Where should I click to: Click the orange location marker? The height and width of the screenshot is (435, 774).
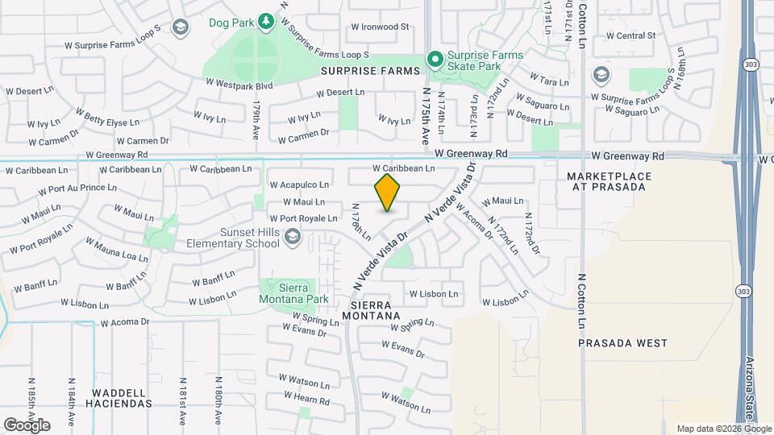click(388, 193)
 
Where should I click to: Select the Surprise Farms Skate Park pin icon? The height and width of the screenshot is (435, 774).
click(435, 58)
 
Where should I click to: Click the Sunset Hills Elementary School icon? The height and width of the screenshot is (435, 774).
click(293, 237)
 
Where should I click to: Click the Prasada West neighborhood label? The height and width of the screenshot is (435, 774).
click(623, 342)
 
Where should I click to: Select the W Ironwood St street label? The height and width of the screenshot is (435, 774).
click(381, 27)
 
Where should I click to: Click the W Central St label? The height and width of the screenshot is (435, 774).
click(630, 35)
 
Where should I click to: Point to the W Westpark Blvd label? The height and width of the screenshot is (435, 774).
click(239, 83)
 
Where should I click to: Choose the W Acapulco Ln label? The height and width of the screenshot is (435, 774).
click(300, 184)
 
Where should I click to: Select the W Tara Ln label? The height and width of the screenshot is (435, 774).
click(551, 81)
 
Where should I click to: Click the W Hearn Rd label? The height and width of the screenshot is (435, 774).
click(307, 398)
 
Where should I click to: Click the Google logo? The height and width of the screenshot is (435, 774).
click(27, 425)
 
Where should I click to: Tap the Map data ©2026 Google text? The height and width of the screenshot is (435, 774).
click(723, 429)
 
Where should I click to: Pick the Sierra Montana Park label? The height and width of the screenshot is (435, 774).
click(298, 293)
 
